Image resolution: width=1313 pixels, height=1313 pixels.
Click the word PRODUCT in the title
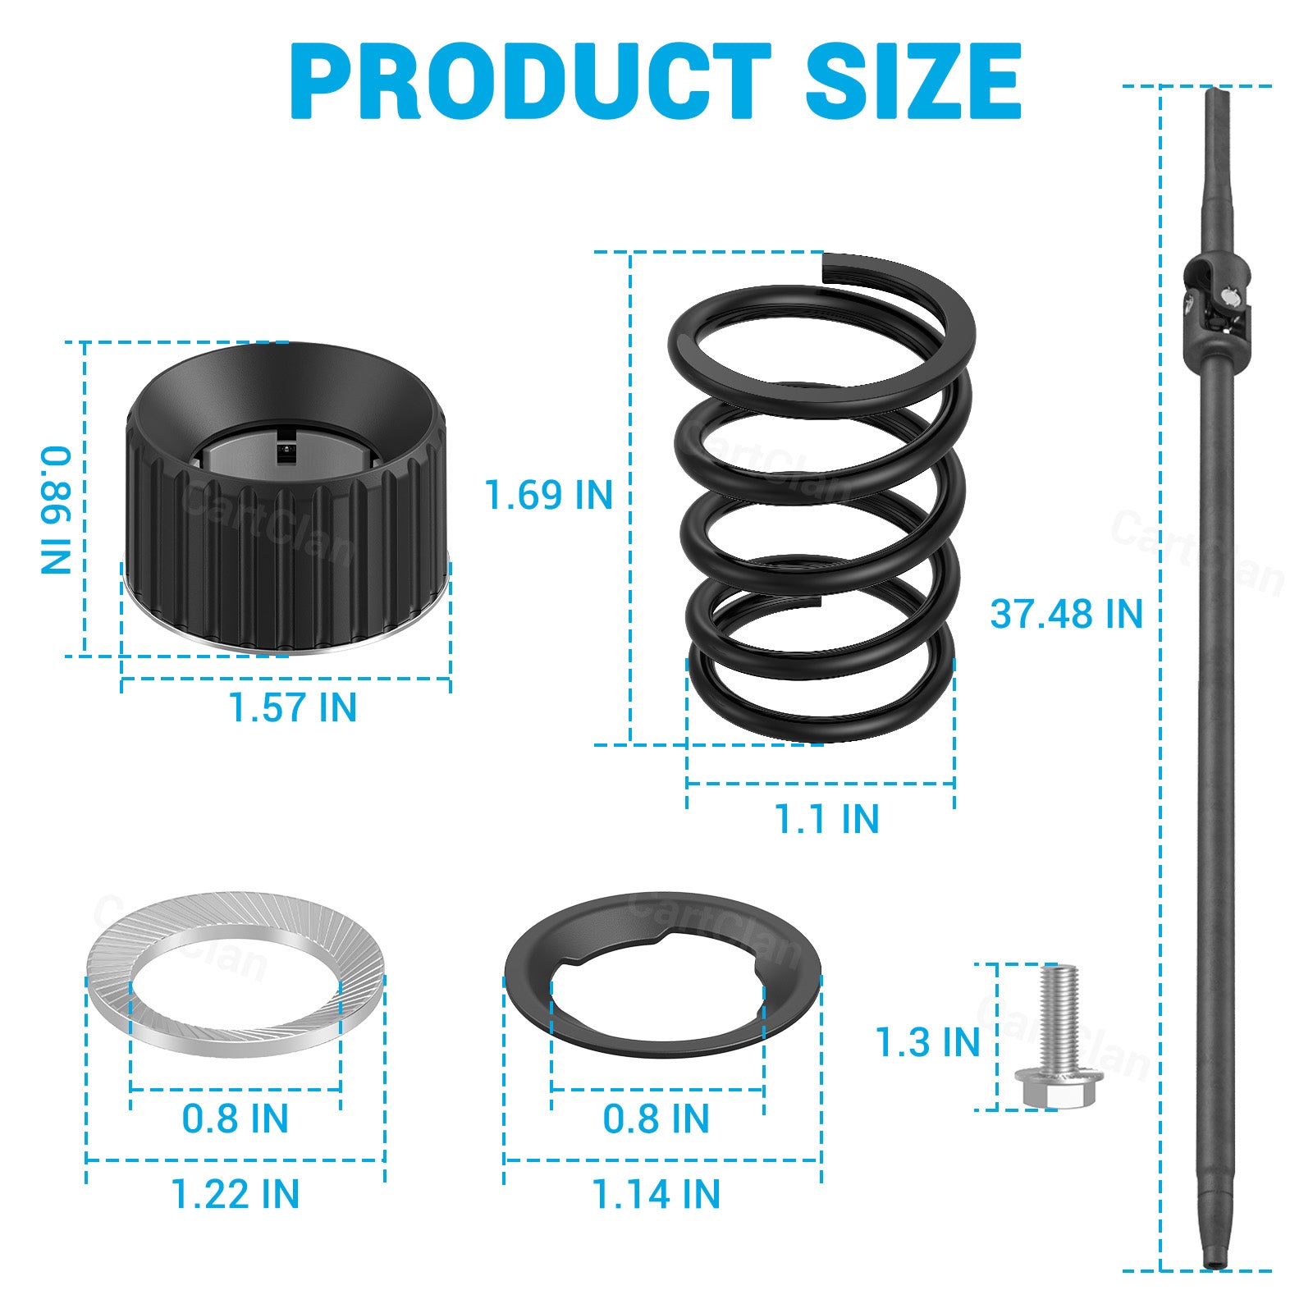click(x=530, y=81)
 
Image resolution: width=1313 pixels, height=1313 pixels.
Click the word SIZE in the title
click(x=913, y=81)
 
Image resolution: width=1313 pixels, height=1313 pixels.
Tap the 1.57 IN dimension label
click(x=292, y=707)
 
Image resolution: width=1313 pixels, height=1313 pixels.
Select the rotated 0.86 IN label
click(x=57, y=510)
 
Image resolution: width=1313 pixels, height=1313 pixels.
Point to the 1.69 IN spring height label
click(x=548, y=495)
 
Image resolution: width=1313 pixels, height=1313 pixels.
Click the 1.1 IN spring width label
click(x=826, y=819)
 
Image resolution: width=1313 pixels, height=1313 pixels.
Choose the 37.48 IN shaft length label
click(x=1066, y=614)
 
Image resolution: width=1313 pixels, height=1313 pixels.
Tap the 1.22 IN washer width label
click(x=236, y=1194)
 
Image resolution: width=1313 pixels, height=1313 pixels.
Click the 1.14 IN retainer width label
click(x=656, y=1194)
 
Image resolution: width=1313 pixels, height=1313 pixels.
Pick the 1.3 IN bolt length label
click(x=928, y=1042)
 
